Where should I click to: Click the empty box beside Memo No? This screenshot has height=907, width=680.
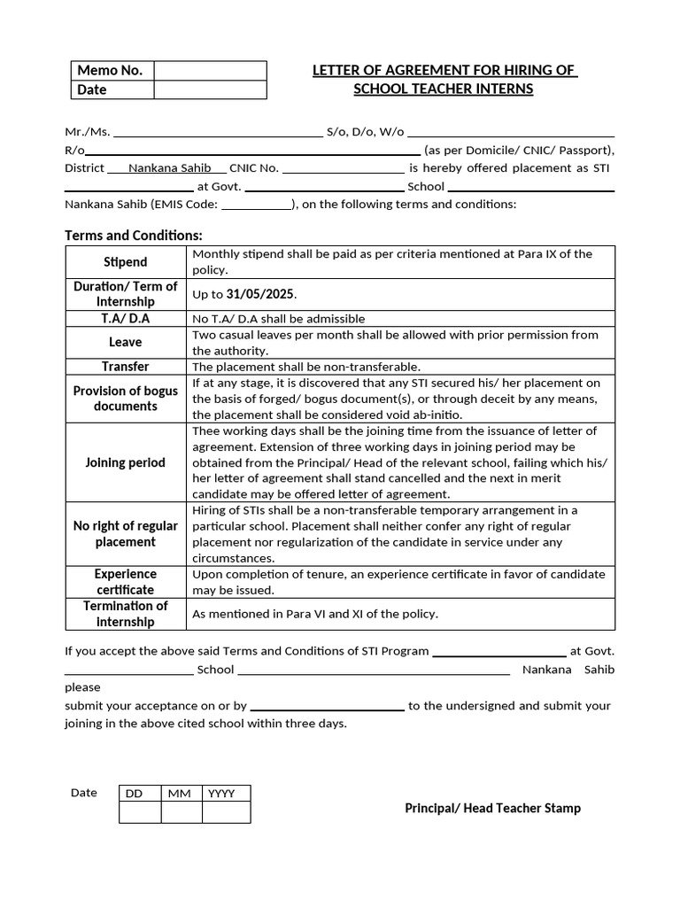(210, 71)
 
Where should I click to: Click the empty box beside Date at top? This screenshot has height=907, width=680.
(210, 89)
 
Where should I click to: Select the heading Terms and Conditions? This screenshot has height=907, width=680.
(134, 236)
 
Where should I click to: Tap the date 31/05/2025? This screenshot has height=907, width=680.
(261, 294)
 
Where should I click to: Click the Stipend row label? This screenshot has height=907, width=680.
(126, 262)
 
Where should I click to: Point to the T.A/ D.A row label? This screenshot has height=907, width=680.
(126, 318)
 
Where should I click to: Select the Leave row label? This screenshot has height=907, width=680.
(126, 342)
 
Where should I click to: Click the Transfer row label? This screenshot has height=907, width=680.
(126, 367)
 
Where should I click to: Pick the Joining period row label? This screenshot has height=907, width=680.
(126, 462)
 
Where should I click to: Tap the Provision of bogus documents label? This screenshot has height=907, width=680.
(126, 399)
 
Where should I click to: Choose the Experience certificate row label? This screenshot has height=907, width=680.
(126, 582)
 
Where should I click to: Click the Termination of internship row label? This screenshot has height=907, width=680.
(126, 614)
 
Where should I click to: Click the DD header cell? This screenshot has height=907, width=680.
(140, 794)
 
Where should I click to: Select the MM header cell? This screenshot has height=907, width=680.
(182, 794)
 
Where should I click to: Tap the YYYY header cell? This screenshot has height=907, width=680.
(226, 794)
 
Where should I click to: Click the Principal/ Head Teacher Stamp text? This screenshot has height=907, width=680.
(492, 808)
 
